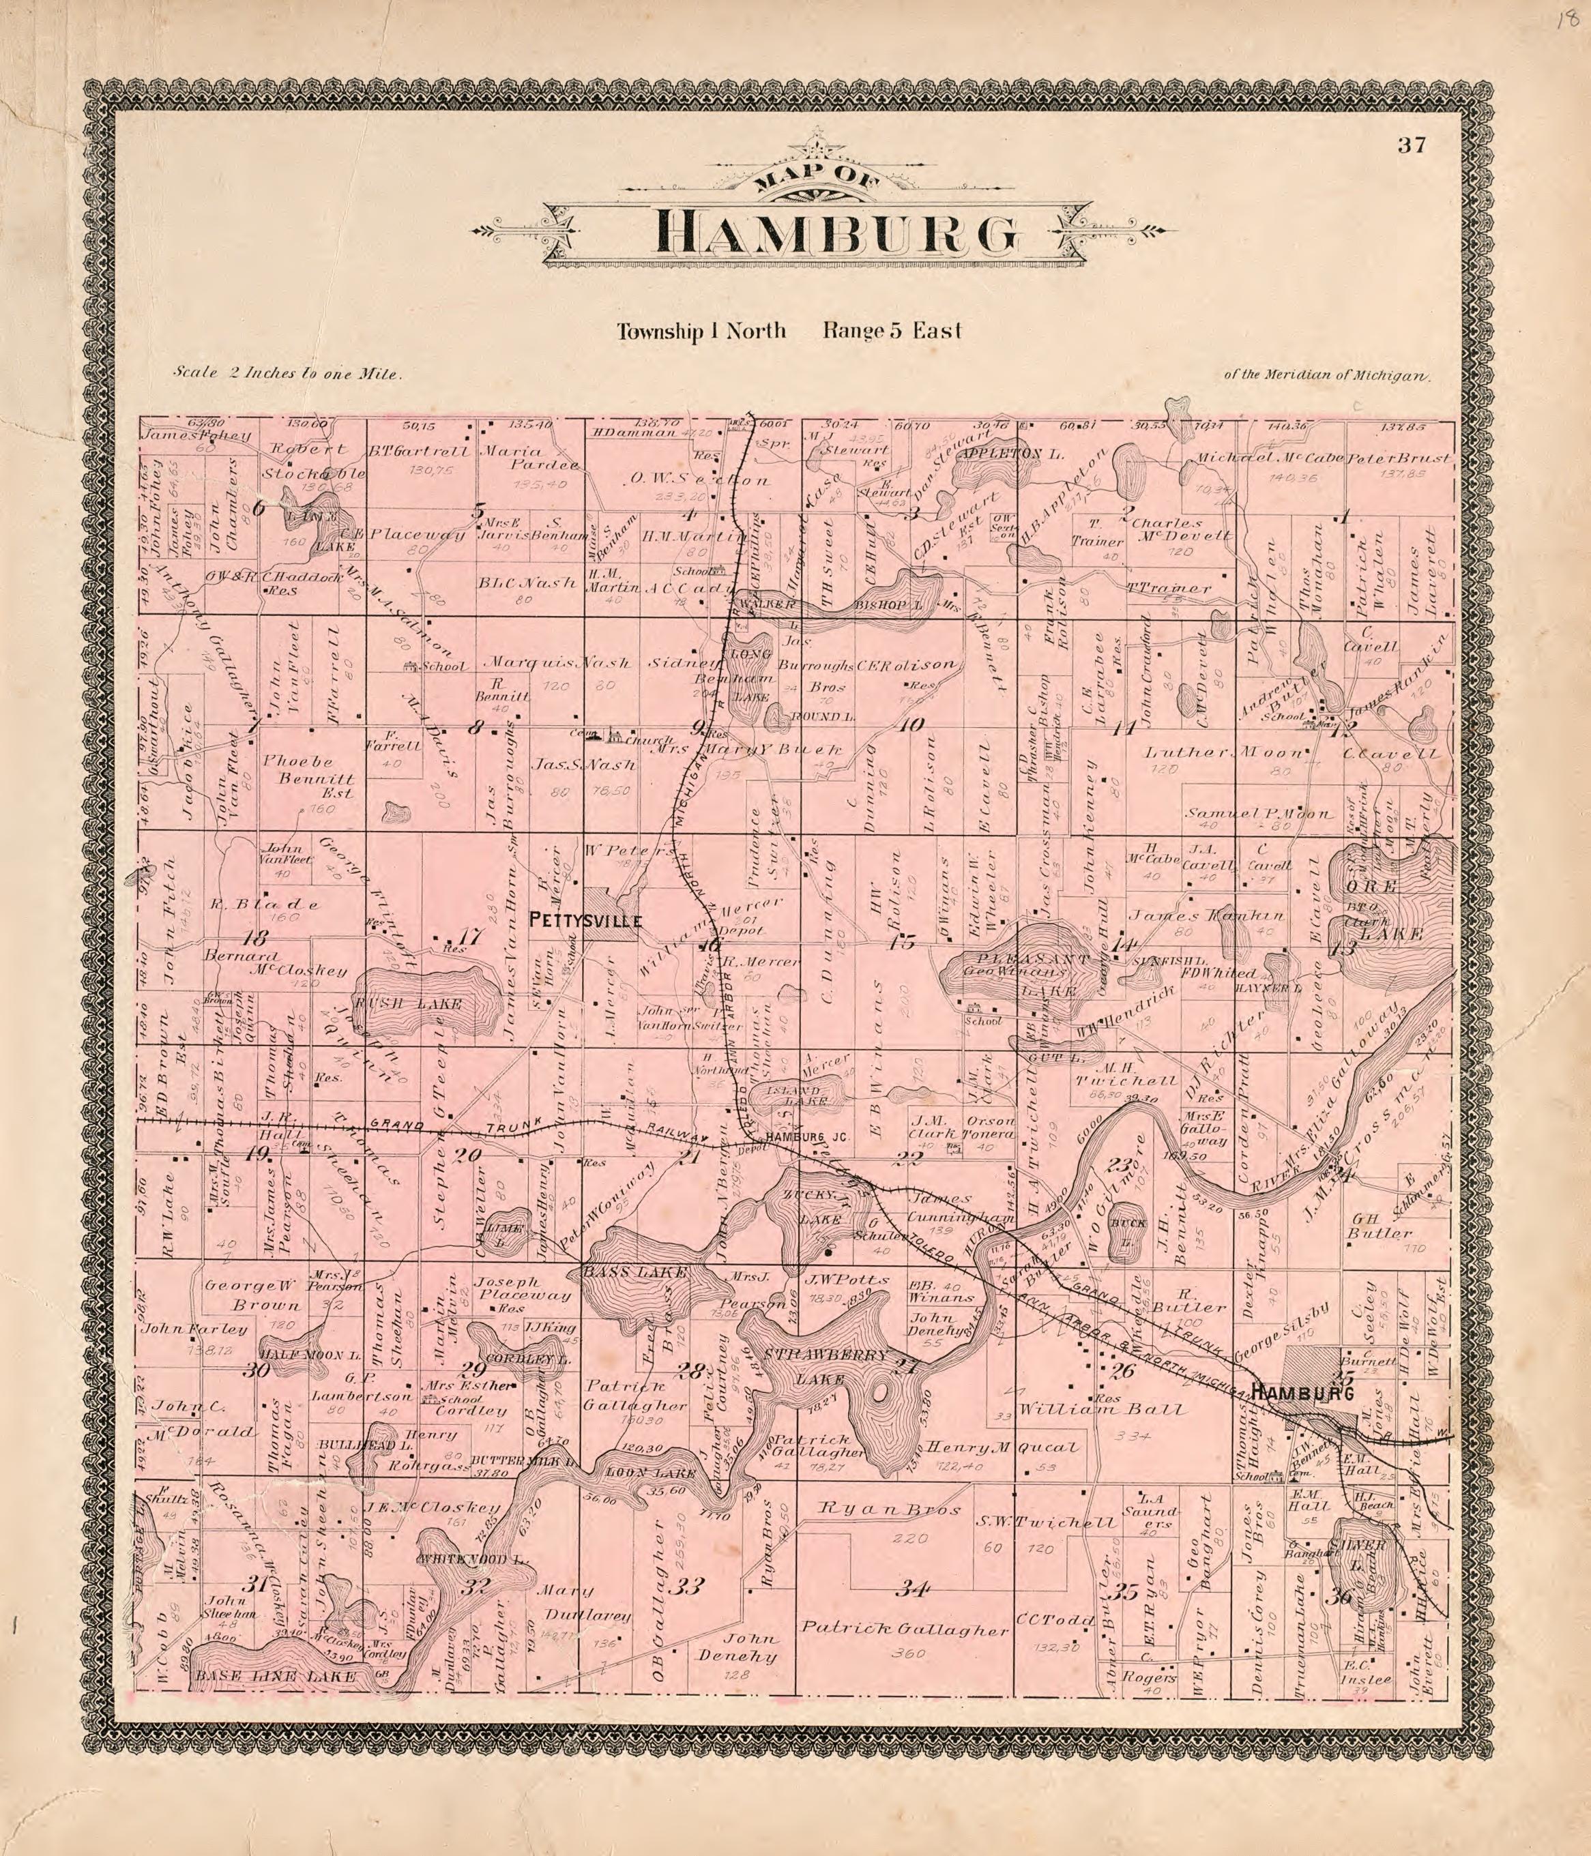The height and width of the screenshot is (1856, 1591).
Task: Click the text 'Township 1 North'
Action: coord(701,332)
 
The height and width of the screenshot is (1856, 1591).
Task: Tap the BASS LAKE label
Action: coord(635,1272)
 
